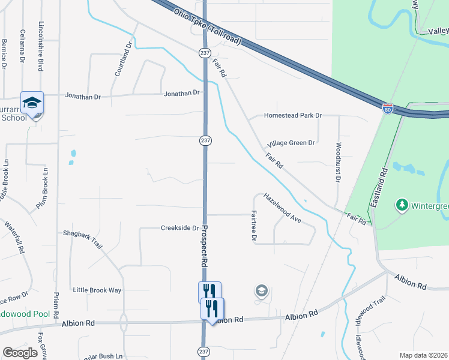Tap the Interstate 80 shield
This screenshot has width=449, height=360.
388,109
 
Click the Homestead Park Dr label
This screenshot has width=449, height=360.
294,115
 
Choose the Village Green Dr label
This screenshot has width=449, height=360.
291,143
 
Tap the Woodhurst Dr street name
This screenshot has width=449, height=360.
339,163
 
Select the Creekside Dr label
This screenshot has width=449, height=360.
179,228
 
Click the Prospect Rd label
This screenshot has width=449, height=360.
203,245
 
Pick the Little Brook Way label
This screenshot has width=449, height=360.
97,290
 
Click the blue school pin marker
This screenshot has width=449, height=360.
32,103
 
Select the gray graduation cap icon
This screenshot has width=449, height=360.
261,291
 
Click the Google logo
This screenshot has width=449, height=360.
20,353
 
